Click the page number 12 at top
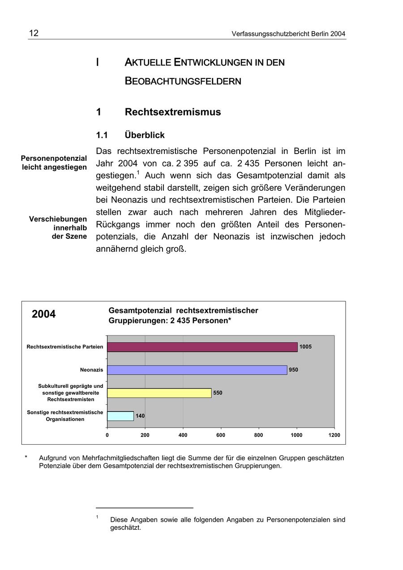[x=34, y=34]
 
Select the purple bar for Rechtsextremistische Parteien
[x=202, y=347]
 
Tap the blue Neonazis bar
[x=197, y=370]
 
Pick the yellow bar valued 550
[x=159, y=393]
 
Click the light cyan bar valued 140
[x=120, y=416]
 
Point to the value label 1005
[x=305, y=347]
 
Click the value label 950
[x=293, y=370]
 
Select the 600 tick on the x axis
[x=221, y=435]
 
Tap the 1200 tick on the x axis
[x=334, y=435]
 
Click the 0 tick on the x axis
[x=107, y=435]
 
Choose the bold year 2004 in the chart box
[x=44, y=314]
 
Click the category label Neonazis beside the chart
[x=91, y=370]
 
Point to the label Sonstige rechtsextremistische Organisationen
[x=65, y=416]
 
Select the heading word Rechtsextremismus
[x=172, y=112]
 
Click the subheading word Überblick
[x=145, y=135]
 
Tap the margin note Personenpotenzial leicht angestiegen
[x=54, y=163]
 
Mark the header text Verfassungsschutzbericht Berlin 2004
[x=288, y=34]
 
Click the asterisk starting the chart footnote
[x=26, y=458]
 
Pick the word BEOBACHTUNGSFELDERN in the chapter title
[x=183, y=81]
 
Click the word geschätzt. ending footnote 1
[x=125, y=528]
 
